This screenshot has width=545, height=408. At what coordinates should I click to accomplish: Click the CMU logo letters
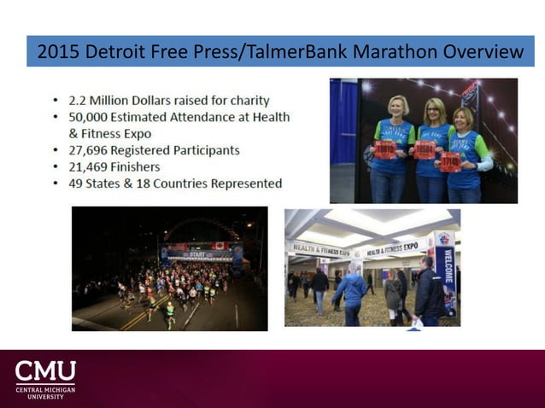(45, 371)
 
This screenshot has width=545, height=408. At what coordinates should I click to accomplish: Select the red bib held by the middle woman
(425, 151)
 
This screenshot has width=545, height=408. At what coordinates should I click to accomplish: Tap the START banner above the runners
(198, 253)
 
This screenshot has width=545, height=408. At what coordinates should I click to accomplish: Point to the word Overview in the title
(485, 51)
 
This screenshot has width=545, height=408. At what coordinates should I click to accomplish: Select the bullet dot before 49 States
(56, 184)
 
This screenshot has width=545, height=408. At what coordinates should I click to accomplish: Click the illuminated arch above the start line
(201, 225)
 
